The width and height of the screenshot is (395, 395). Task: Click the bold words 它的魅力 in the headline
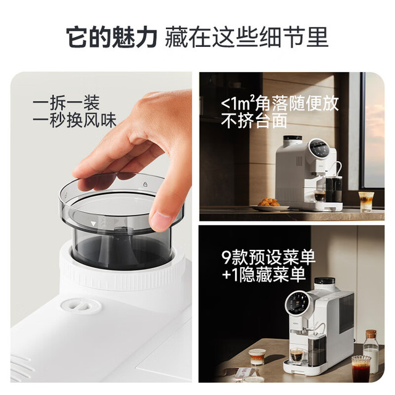[x=112, y=37]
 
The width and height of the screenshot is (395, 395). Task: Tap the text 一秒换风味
[x=75, y=121]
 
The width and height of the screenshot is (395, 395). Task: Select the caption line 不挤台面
[x=254, y=121]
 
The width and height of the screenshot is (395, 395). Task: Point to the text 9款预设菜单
[x=268, y=257]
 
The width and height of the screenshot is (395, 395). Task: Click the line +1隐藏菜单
[x=264, y=275]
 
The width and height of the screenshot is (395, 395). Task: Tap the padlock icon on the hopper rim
[x=146, y=184]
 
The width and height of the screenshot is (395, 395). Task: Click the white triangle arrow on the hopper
[x=93, y=223]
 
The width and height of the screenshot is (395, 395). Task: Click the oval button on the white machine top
[x=81, y=306]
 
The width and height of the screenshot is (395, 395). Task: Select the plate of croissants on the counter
[x=269, y=205]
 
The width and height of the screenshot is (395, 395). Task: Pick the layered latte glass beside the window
[x=366, y=201]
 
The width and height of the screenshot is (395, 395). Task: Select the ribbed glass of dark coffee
[x=361, y=369]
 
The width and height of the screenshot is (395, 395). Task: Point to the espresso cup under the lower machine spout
[x=297, y=356]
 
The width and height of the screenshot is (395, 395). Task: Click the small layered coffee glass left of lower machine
[x=257, y=357]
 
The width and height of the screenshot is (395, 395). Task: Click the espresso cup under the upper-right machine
[x=320, y=196]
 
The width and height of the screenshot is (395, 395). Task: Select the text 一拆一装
[x=66, y=103]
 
